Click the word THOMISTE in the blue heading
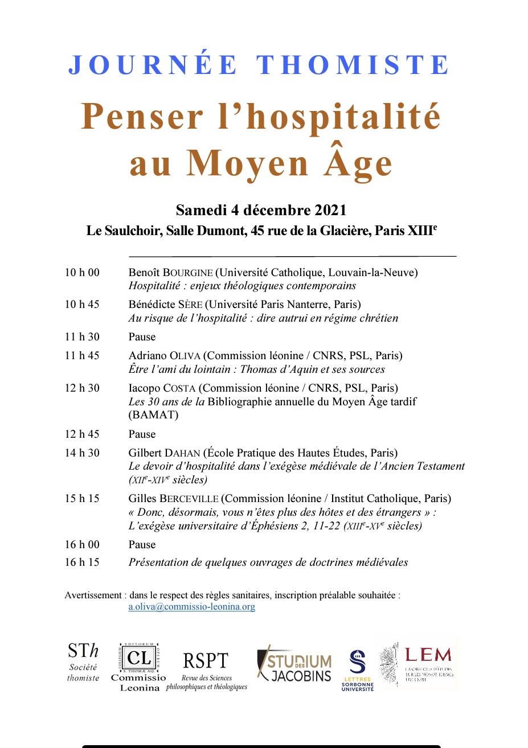pyautogui.click(x=353, y=65)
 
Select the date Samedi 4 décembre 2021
pyautogui.click(x=261, y=210)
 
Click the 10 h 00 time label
pyautogui.click(x=82, y=273)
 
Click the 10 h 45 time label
pyautogui.click(x=82, y=305)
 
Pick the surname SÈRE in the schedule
pyautogui.click(x=190, y=305)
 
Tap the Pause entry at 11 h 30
pyautogui.click(x=142, y=337)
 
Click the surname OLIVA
pyautogui.click(x=185, y=356)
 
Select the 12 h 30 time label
pyautogui.click(x=82, y=388)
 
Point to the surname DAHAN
pyautogui.click(x=182, y=453)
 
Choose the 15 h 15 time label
pyautogui.click(x=82, y=499)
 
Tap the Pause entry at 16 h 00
pyautogui.click(x=142, y=545)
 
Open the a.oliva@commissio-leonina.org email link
pyautogui.click(x=191, y=607)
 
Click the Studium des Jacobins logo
pyautogui.click(x=294, y=666)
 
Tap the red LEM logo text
pyautogui.click(x=428, y=655)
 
